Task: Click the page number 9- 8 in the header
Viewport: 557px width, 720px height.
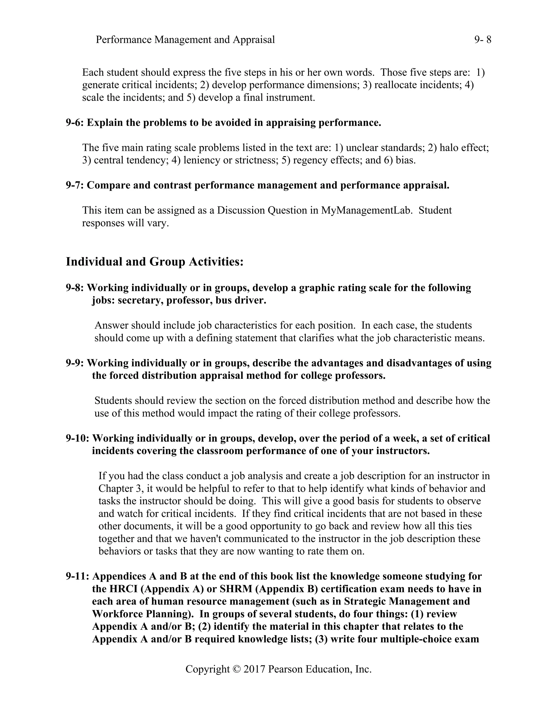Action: (482, 40)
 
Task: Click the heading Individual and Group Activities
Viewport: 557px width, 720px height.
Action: (154, 262)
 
